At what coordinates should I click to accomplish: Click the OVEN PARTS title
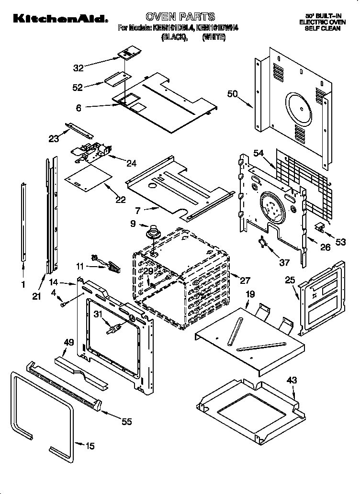click(180, 17)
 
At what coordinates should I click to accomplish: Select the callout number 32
click(79, 68)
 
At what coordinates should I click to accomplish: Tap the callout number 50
click(233, 94)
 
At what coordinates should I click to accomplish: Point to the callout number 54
click(259, 153)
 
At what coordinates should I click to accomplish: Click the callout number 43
click(292, 380)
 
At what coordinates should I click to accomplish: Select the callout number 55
click(126, 421)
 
